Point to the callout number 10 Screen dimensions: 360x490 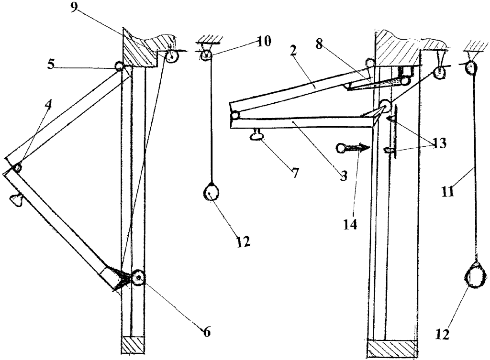click(x=263, y=42)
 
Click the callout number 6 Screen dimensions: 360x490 click(x=207, y=332)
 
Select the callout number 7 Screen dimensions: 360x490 click(x=295, y=173)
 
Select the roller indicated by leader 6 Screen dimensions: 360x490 click(x=138, y=277)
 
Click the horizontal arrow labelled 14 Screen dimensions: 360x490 click(x=354, y=148)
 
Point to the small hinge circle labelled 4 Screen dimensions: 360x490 click(x=17, y=168)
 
